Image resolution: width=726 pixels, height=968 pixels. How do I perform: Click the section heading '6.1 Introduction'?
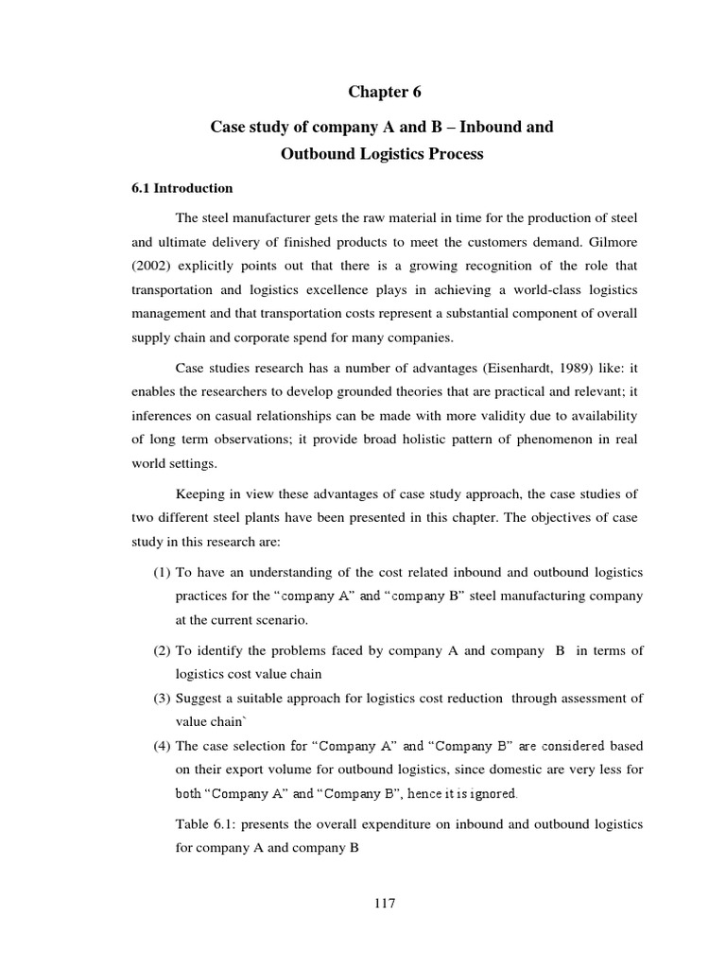click(x=181, y=188)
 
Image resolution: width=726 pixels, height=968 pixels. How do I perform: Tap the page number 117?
click(x=382, y=903)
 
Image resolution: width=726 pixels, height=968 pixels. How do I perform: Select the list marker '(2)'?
click(x=161, y=650)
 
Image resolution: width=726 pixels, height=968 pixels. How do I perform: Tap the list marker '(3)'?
click(x=161, y=698)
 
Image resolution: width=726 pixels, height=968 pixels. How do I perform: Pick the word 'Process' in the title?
click(x=449, y=154)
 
